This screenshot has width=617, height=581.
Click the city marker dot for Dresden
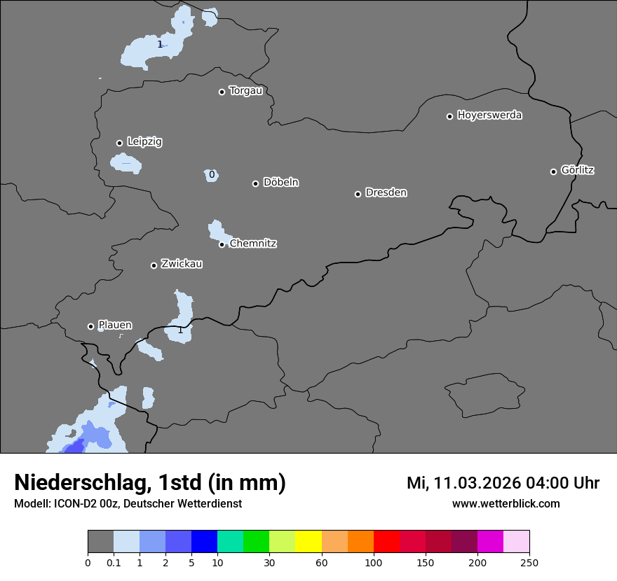point(358,194)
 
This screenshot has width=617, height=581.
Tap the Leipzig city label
point(144,141)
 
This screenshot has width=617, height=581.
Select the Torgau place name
point(245,90)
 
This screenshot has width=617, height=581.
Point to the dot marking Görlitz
point(553,171)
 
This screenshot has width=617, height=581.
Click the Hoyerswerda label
point(489,115)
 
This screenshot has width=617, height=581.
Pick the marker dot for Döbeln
point(255,183)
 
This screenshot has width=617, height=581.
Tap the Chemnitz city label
point(253,244)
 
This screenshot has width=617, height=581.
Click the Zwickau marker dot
point(154,265)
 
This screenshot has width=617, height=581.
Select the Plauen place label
point(115,325)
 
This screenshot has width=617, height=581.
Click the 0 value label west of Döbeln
point(212,174)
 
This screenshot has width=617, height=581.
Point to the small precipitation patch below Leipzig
point(126,164)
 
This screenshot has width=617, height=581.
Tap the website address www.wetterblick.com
point(506,504)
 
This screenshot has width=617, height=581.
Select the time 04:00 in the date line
point(535,483)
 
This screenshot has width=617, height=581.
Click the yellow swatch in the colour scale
point(308,542)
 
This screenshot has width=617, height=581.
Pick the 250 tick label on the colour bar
point(529,562)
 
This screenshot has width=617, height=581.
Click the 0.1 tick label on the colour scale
point(114,562)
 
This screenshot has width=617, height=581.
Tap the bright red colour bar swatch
point(386,542)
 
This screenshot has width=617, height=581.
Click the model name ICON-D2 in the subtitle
point(74,504)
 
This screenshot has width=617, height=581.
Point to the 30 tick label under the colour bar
point(269,562)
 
